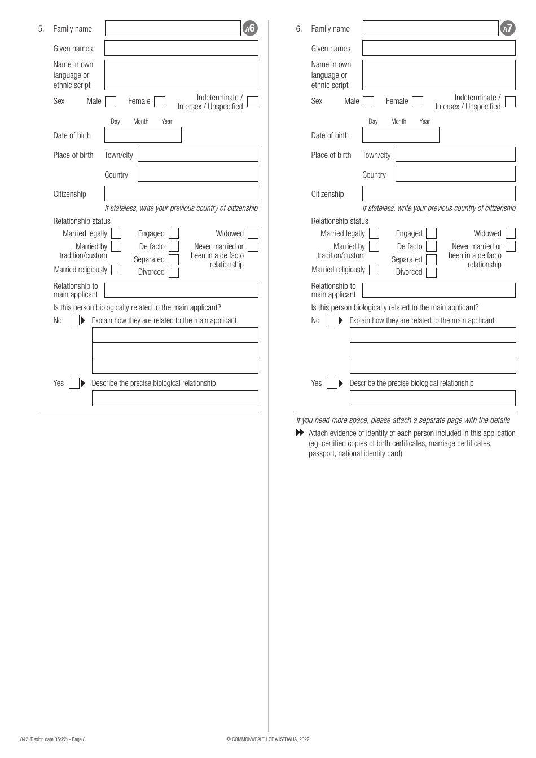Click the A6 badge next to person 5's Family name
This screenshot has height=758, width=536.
(x=249, y=28)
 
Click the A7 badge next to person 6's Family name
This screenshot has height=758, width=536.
(x=507, y=28)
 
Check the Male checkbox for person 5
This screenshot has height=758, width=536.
(x=111, y=102)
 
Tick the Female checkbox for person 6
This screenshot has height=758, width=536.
(x=418, y=102)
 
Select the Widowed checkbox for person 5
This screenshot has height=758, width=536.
(x=253, y=233)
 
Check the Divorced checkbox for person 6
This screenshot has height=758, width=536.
(x=431, y=273)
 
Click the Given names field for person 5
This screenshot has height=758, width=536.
(x=181, y=48)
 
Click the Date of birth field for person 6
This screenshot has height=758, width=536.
(x=401, y=135)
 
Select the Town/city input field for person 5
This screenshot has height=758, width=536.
(x=197, y=155)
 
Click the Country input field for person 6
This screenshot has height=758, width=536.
(x=455, y=174)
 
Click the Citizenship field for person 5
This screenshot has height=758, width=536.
(x=181, y=193)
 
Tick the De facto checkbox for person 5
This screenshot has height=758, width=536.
(x=174, y=246)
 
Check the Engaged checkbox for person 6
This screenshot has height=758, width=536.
(x=431, y=233)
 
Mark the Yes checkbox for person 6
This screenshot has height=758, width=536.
(x=332, y=384)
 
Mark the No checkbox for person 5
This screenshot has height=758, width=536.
(x=74, y=320)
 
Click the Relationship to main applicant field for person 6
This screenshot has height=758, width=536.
(x=438, y=290)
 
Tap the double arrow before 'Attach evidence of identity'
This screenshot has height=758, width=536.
(x=300, y=433)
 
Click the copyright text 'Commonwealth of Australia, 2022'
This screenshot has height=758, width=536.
(x=267, y=739)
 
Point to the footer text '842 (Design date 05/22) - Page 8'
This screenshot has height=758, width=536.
(x=53, y=739)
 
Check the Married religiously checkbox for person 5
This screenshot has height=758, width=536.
(x=116, y=270)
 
